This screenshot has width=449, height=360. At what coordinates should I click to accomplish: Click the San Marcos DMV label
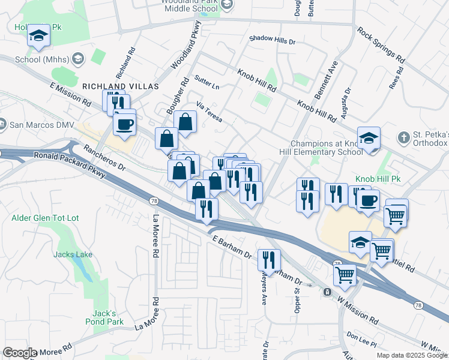point(38,125)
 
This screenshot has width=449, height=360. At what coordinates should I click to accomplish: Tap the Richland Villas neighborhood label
point(121,86)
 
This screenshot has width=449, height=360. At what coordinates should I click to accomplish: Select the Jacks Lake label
point(73,254)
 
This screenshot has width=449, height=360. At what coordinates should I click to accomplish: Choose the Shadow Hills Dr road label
point(273,40)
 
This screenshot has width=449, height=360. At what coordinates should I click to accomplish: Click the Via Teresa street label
point(209,113)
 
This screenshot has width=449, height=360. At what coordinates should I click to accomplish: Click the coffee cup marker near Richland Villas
point(124,125)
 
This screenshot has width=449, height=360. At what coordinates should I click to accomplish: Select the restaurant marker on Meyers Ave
point(269,260)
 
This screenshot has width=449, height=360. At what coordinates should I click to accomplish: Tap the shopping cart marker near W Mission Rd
point(345,275)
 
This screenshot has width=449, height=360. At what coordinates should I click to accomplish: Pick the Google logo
point(20,353)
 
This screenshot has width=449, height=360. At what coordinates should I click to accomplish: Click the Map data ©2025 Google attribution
point(412,355)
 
